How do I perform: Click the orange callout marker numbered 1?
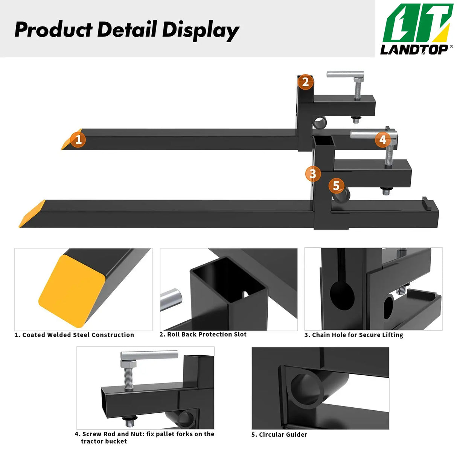(78, 140)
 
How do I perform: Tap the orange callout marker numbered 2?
(305, 82)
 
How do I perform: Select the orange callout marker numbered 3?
(313, 174)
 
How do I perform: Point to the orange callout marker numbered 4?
(383, 140)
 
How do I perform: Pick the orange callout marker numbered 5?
(336, 185)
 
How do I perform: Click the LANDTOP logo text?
(414, 49)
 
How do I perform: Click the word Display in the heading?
(200, 30)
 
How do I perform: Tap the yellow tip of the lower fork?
(32, 214)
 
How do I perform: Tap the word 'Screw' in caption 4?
(92, 434)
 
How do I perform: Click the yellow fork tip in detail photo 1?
(72, 290)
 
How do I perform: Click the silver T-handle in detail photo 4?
(149, 355)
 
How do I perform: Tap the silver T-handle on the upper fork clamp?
(345, 74)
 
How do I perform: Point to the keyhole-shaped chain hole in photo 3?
(342, 294)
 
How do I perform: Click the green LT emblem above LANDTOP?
(417, 23)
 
